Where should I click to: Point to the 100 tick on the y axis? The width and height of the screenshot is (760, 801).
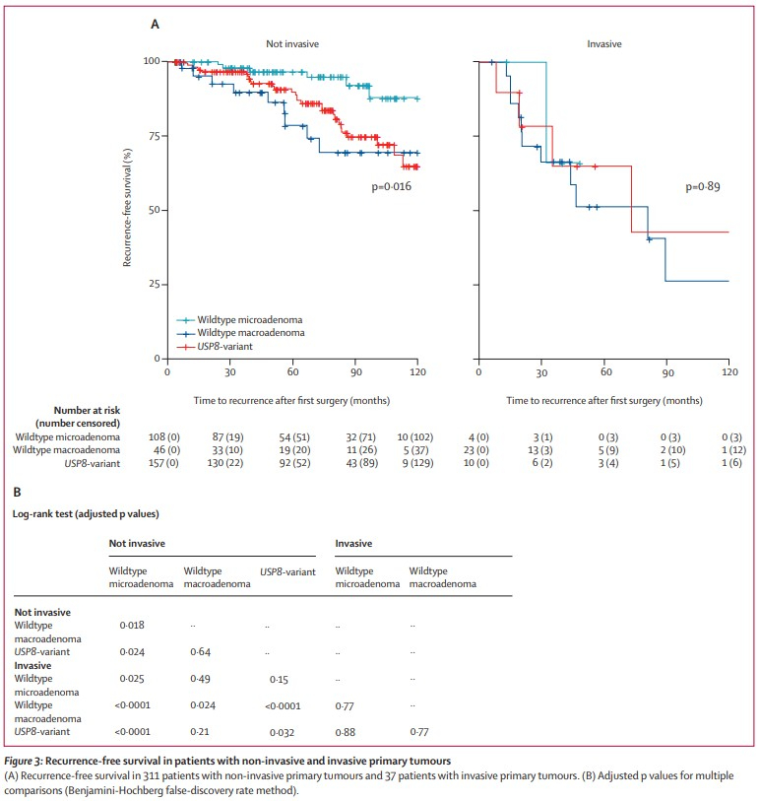151,61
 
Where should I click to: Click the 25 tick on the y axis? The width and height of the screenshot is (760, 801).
154,285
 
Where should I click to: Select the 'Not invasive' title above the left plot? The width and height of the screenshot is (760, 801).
292,44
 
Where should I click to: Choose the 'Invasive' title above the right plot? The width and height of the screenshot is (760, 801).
603,44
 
